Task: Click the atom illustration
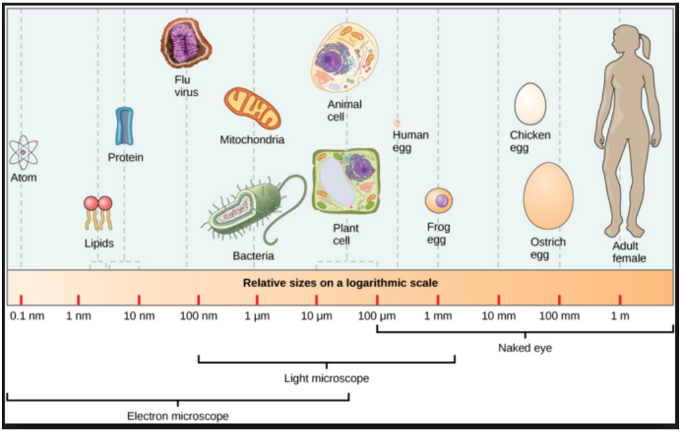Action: tap(24, 152)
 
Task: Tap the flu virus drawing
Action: tap(186, 43)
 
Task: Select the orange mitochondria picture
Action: tap(252, 108)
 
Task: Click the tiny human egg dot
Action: tap(397, 123)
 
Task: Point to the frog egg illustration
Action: tap(439, 201)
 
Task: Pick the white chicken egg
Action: tap(529, 104)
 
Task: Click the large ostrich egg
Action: tap(548, 196)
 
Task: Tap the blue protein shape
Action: tap(125, 126)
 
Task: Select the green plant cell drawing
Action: tap(346, 181)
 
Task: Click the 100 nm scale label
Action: tap(199, 316)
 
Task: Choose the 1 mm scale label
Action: tap(438, 316)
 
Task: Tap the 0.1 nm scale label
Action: tap(27, 316)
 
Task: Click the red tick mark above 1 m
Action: tap(620, 300)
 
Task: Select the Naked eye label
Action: tap(525, 348)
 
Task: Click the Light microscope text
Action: tap(327, 378)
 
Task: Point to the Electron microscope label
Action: tap(178, 416)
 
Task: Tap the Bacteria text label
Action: tap(253, 256)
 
